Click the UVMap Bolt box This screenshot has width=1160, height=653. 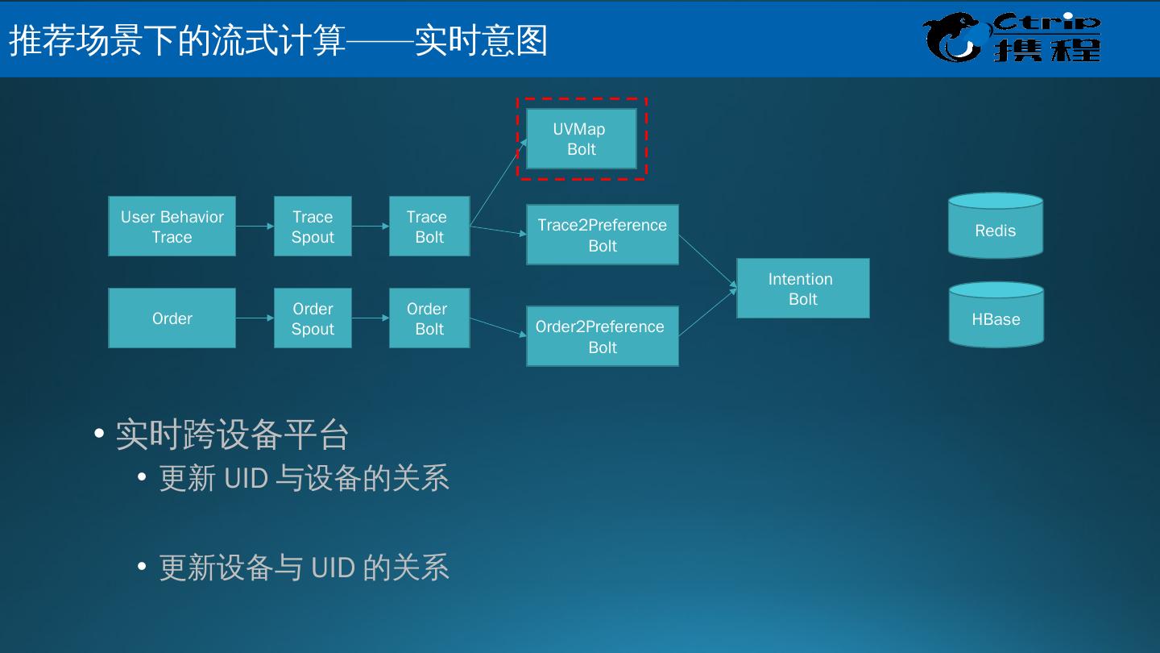581,139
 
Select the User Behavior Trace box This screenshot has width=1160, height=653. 172,227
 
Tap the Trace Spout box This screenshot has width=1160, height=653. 313,227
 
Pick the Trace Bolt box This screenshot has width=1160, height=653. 429,227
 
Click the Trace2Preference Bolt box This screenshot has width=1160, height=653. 602,235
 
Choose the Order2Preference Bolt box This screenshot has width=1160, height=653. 602,336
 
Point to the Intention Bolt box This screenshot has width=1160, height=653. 802,289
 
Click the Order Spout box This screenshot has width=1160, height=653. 313,318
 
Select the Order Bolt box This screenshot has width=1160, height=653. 429,318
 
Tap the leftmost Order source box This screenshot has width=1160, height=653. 172,318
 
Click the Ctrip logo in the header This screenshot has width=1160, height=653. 1012,37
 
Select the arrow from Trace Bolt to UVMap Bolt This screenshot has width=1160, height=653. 498,182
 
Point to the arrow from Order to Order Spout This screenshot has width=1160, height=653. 255,318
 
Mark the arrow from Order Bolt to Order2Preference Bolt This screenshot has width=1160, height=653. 498,327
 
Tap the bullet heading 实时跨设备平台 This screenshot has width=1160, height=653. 232,435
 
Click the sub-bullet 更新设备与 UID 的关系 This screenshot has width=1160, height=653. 304,568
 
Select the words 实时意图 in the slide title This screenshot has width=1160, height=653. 481,40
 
